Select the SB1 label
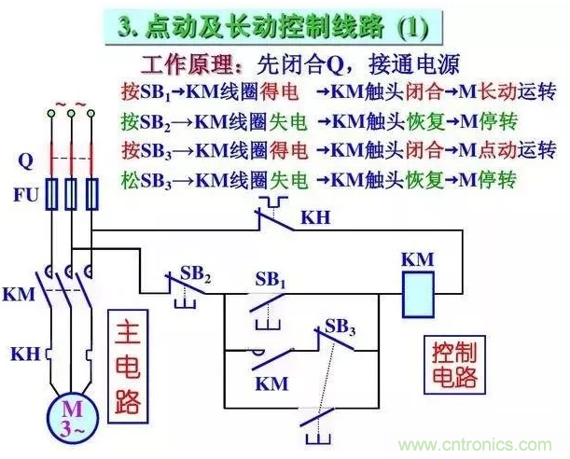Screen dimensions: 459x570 [x=271, y=279]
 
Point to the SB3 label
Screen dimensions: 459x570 [x=341, y=327]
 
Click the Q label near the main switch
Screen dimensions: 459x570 [x=25, y=160]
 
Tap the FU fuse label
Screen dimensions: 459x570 [x=25, y=195]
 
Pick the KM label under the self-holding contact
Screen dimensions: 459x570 [x=271, y=382]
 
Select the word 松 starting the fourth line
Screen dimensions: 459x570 [x=130, y=177]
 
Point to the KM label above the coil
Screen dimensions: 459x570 [x=417, y=259]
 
